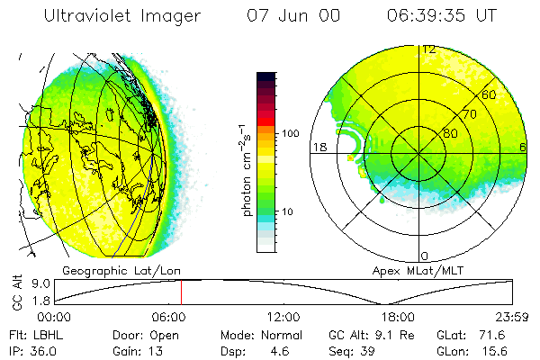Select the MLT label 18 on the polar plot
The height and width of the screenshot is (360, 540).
pyautogui.click(x=318, y=147)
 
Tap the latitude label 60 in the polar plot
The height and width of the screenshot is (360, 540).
pyautogui.click(x=489, y=94)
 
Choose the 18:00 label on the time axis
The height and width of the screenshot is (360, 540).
pyautogui.click(x=397, y=318)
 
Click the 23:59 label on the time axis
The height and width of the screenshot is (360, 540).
pyautogui.click(x=510, y=318)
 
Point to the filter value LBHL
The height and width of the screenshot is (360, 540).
pyautogui.click(x=46, y=334)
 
